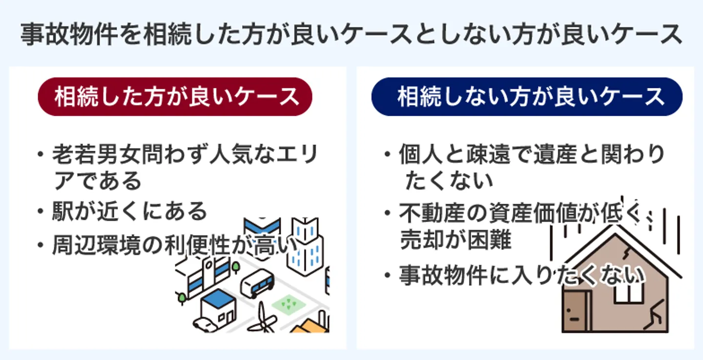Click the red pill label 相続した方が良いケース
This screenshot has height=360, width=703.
tap(175, 97)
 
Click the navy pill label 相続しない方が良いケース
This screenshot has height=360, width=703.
tap(527, 97)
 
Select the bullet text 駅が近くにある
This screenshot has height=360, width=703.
tap(130, 212)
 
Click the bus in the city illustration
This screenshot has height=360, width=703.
tap(257, 283)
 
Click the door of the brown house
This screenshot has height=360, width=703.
tap(576, 311)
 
